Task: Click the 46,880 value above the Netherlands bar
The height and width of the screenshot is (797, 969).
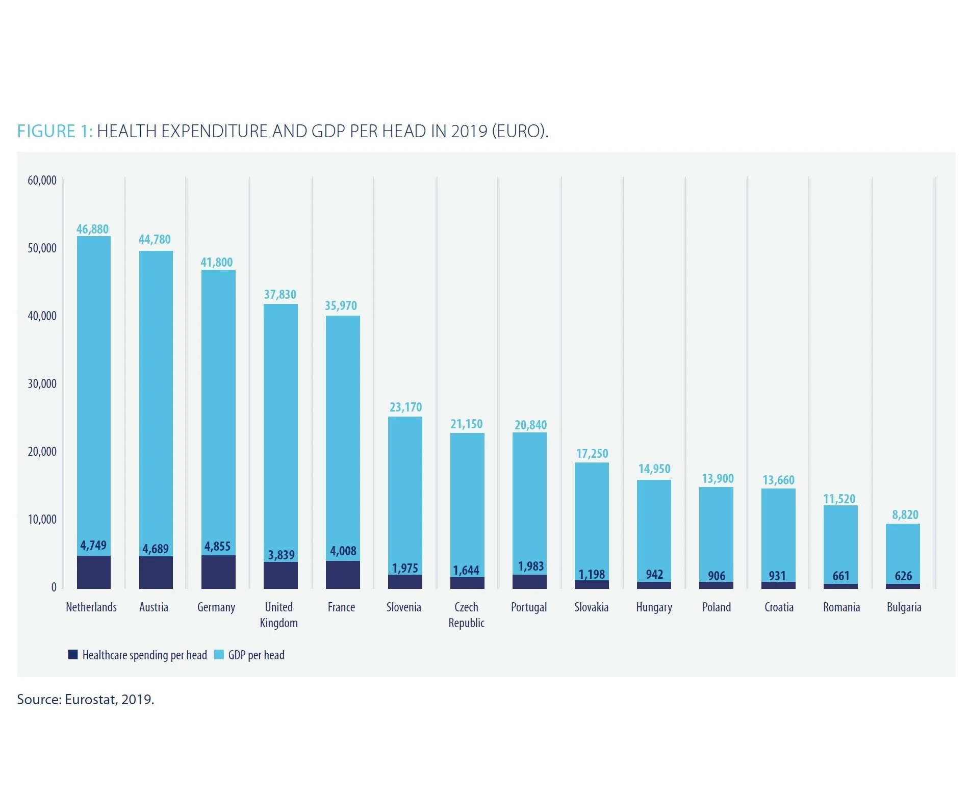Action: click(x=92, y=229)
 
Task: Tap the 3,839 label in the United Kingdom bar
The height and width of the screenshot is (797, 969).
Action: click(x=281, y=555)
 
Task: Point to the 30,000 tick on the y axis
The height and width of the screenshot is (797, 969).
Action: click(x=42, y=384)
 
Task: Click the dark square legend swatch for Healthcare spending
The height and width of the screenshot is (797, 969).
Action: click(x=73, y=655)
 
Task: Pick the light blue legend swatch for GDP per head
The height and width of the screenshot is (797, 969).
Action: click(x=219, y=655)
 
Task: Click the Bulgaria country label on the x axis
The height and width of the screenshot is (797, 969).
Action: click(x=904, y=607)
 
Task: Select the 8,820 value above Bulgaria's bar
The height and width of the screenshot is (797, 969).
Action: click(x=905, y=515)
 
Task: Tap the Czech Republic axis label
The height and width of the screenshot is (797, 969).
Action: click(x=466, y=615)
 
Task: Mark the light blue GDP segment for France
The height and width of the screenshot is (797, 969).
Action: click(x=343, y=433)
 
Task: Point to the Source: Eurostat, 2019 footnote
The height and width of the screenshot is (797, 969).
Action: click(x=86, y=699)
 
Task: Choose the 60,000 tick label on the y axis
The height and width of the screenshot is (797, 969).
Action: click(x=42, y=181)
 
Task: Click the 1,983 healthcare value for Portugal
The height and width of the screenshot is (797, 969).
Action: click(x=530, y=567)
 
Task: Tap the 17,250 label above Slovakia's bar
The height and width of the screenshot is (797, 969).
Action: click(x=592, y=454)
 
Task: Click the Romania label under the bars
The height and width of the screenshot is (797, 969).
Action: click(x=841, y=607)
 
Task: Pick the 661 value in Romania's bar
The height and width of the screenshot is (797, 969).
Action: click(x=841, y=576)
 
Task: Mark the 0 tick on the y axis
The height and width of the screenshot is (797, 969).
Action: click(x=54, y=587)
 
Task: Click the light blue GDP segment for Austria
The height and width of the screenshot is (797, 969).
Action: click(x=156, y=398)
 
